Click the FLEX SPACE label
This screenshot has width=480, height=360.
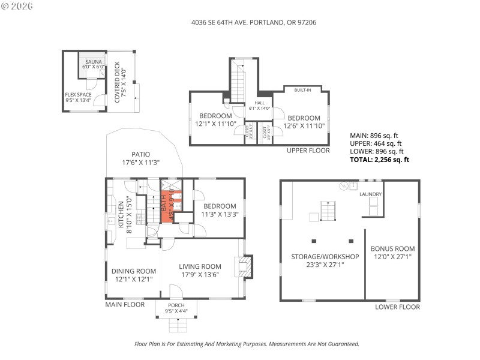click(78, 97)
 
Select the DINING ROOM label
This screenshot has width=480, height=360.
click(134, 275)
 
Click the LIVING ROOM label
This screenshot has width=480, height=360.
click(200, 271)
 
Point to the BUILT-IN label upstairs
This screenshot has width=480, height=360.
click(302, 91)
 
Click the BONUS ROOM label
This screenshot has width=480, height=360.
click(392, 252)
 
